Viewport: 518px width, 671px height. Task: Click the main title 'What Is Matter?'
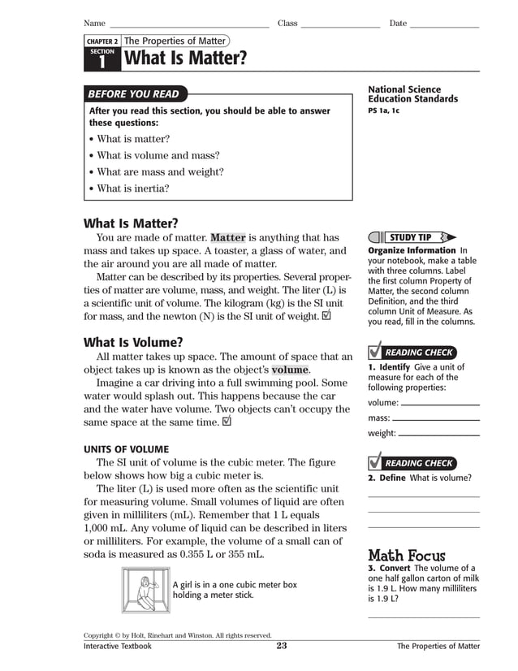click(185, 58)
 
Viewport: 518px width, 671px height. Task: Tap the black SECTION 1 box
click(102, 58)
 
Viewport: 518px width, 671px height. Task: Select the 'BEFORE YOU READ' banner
click(134, 94)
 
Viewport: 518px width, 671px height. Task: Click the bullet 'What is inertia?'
click(132, 188)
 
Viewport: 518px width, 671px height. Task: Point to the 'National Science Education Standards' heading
click(412, 94)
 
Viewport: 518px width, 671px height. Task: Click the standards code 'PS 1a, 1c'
click(383, 110)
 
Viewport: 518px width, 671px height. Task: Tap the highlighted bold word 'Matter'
click(227, 238)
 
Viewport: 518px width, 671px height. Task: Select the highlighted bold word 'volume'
click(290, 370)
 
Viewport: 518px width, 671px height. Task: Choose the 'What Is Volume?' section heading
click(133, 342)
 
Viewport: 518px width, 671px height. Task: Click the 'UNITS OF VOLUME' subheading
click(127, 449)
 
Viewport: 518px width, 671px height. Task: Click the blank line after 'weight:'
click(439, 435)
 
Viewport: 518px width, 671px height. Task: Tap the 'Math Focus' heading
click(407, 556)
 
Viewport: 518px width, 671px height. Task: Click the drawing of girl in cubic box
click(146, 590)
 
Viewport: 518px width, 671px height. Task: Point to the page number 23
click(282, 647)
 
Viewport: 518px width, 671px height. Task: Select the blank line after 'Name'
click(189, 24)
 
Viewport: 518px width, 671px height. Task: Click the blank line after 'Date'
click(444, 24)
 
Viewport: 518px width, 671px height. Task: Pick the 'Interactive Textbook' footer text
click(118, 647)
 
